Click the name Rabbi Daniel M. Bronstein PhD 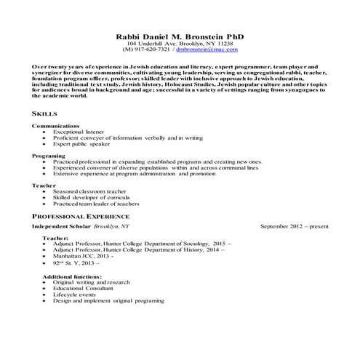[x=179, y=36]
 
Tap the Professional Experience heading [x=81, y=217]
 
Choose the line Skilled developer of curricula [x=91, y=197]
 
